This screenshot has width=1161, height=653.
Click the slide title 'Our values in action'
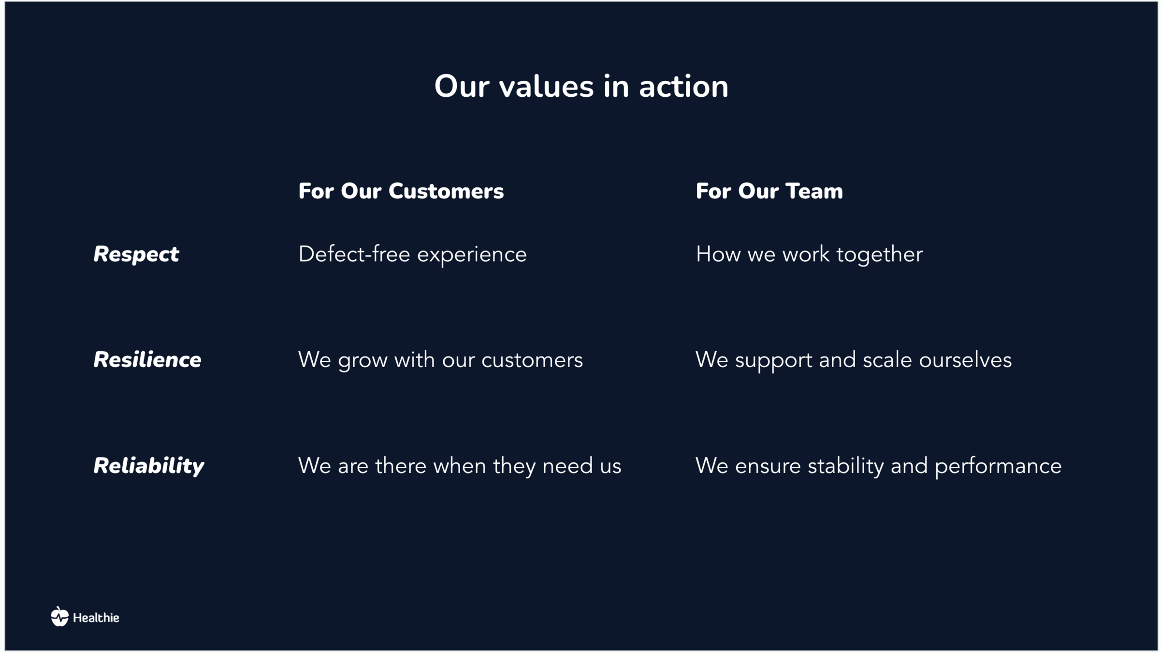pos(581,87)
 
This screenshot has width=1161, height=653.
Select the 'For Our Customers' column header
pos(401,191)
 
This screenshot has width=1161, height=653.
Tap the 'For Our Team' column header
pos(769,191)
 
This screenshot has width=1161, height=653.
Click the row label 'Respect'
pos(136,255)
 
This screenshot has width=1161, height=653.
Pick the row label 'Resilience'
pos(147,360)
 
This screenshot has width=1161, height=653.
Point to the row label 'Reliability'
pos(149,466)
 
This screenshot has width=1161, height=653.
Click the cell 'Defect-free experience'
pos(412,255)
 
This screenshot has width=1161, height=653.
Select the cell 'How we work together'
pos(809,255)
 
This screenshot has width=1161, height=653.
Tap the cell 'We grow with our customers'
pos(440,360)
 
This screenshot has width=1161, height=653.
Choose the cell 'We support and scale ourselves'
pos(853,360)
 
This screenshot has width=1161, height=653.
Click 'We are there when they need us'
pos(460,466)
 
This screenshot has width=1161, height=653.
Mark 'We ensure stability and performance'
pos(878,466)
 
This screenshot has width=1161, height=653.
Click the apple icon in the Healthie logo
pos(60,616)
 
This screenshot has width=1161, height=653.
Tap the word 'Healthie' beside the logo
pos(96,618)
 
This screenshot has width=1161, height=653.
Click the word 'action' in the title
pos(683,87)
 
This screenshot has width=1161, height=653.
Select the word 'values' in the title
pos(546,87)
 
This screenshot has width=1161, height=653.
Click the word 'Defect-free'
pos(354,254)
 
